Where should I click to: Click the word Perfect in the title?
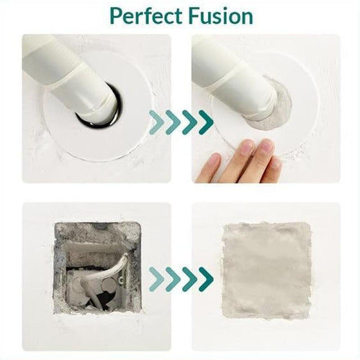coord(144,16)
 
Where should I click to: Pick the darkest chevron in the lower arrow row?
coord(206,279)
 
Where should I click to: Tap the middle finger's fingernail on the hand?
coord(266,147)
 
